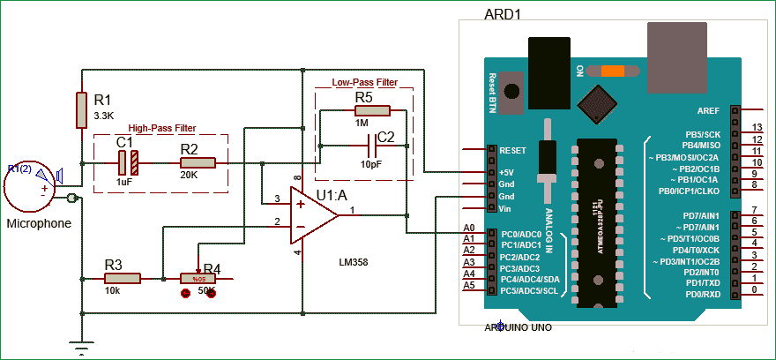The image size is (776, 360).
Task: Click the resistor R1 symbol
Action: (x=81, y=109)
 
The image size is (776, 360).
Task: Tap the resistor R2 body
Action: (x=198, y=162)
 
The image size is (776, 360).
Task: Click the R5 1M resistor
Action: (x=373, y=110)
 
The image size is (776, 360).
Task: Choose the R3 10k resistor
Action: (x=123, y=278)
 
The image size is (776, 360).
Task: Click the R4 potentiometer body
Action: (x=198, y=278)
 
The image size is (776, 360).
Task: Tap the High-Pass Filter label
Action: (x=162, y=128)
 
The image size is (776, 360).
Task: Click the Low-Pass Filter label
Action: (x=364, y=82)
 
